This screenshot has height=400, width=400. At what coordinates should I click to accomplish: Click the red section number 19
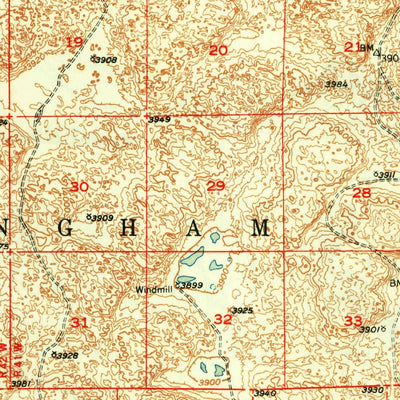74,42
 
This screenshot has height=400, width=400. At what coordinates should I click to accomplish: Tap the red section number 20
218,50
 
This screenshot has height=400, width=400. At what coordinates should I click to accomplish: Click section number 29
216,185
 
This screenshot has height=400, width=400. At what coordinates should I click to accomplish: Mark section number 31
79,322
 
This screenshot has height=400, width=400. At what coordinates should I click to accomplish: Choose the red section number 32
222,318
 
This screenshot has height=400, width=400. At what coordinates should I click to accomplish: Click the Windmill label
155,290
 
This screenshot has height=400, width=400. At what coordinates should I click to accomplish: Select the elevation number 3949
159,120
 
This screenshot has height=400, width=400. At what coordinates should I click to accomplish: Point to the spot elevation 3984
336,84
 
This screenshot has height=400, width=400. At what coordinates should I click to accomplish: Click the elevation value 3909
101,217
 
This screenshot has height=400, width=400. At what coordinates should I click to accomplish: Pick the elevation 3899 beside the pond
192,286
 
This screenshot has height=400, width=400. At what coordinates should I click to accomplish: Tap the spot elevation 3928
67,355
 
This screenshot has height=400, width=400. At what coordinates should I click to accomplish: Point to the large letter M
261,228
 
